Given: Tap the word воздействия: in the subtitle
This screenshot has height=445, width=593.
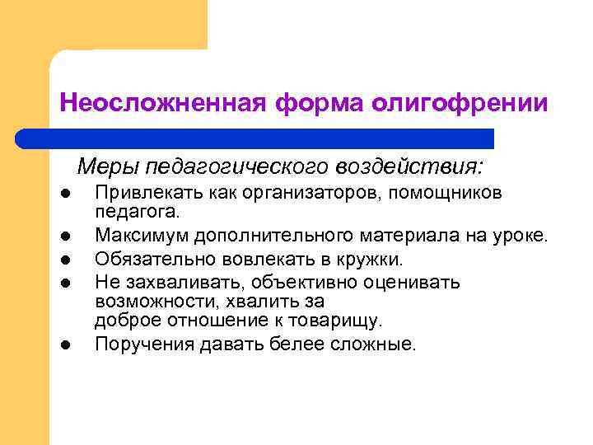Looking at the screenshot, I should pyautogui.click(x=409, y=167).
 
